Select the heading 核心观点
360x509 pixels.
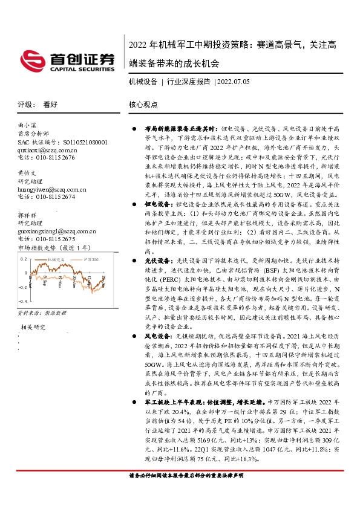click(143, 104)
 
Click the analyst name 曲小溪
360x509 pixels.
click(28, 124)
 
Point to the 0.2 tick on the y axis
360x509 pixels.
click(24, 259)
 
